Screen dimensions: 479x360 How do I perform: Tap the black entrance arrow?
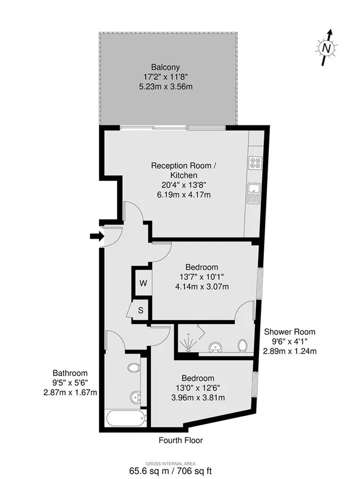(97, 236)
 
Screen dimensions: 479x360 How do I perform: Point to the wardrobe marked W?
(143, 282)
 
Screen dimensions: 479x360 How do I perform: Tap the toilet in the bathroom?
(134, 369)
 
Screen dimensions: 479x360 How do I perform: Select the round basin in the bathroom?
(135, 397)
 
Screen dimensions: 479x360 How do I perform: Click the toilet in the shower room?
(242, 345)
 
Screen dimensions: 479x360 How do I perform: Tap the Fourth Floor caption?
(181, 440)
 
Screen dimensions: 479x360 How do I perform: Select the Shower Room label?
(290, 332)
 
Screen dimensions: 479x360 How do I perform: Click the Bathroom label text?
(70, 373)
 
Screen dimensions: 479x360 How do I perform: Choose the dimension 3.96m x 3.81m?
(198, 398)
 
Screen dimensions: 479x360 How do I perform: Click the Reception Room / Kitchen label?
(183, 166)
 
